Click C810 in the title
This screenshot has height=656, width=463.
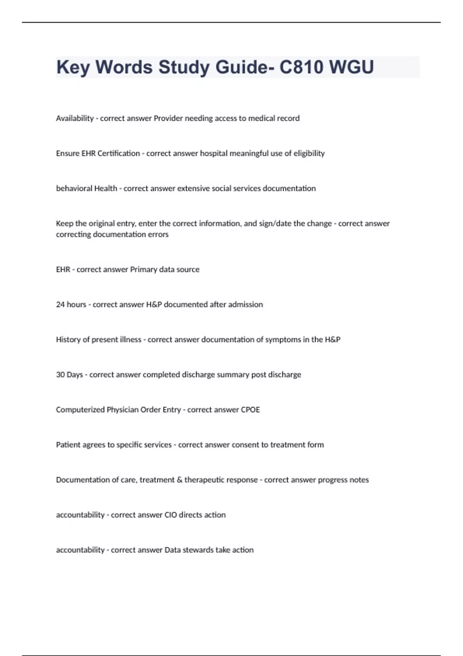click(x=301, y=67)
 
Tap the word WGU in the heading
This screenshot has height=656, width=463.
click(x=351, y=67)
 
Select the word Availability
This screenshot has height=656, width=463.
click(x=75, y=118)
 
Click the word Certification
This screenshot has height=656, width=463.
click(x=118, y=154)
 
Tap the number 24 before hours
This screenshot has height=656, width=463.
click(x=60, y=304)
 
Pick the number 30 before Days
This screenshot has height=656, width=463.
click(x=60, y=375)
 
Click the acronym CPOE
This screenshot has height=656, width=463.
click(x=250, y=410)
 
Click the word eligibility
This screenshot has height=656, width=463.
click(x=309, y=154)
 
